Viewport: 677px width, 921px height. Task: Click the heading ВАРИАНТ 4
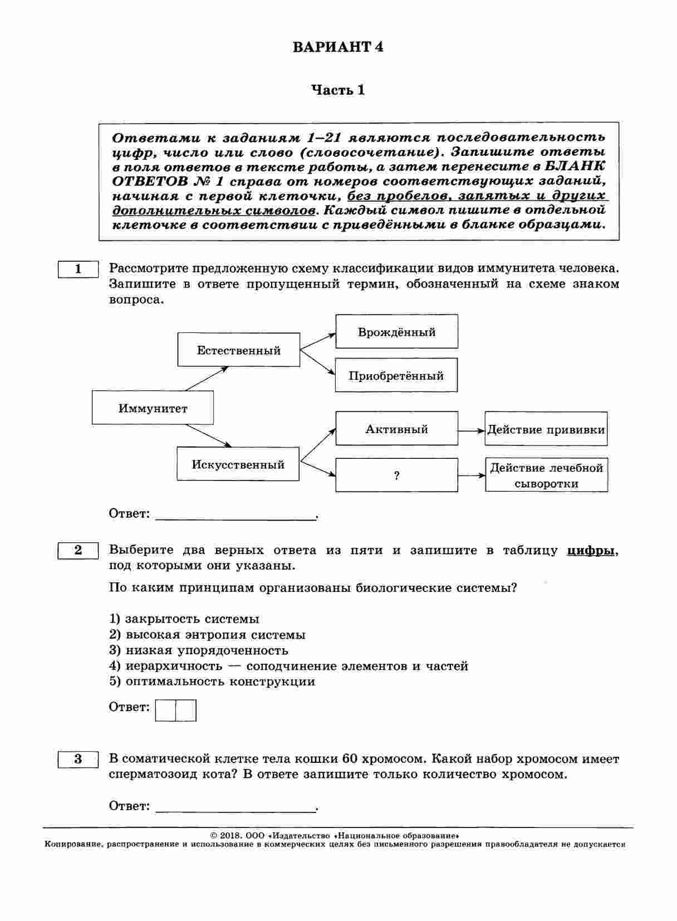point(338,47)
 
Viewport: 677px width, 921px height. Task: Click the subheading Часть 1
point(338,90)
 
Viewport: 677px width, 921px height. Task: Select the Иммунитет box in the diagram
point(153,408)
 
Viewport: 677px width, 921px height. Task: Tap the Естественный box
point(238,350)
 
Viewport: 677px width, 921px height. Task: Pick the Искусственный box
point(238,464)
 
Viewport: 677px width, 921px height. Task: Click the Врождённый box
point(396,332)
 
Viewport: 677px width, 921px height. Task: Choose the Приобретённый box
point(396,375)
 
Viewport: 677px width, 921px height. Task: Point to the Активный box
point(396,429)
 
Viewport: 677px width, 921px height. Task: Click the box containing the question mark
point(396,476)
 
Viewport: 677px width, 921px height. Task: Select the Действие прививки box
point(546,429)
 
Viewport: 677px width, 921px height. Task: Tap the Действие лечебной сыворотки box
point(546,476)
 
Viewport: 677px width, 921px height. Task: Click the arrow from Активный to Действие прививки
point(471,430)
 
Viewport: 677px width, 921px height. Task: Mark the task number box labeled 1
point(78,270)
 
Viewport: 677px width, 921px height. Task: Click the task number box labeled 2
point(78,551)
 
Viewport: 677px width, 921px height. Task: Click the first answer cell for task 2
point(165,711)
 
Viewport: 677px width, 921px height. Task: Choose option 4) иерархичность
point(288,666)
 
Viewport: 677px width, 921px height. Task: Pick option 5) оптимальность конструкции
point(212,682)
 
